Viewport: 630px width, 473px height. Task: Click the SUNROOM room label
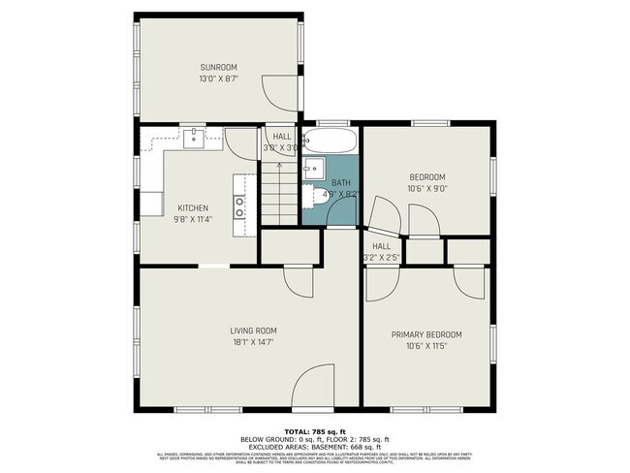point(218,68)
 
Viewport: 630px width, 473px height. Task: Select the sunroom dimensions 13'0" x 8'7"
point(218,79)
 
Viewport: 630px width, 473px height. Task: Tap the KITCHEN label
point(192,208)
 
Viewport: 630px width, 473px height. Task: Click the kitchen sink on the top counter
point(194,138)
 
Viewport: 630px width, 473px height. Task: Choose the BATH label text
point(341,182)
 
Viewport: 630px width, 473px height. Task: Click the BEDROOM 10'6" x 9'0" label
point(426,182)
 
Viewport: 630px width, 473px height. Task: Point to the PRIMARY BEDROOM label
point(426,334)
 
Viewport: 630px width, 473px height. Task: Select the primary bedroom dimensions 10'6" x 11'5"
point(426,346)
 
